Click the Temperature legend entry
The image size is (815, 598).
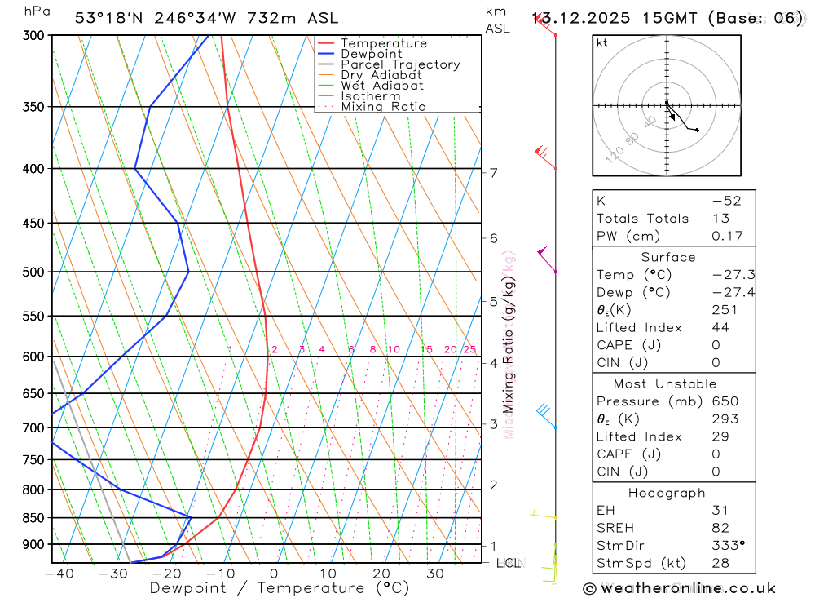[x=383, y=43]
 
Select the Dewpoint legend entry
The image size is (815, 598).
[x=372, y=54]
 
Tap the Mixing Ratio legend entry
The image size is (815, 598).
[x=383, y=107]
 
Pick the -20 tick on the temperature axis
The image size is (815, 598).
[x=165, y=574]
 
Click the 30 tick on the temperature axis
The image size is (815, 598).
[x=434, y=574]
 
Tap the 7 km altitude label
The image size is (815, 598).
[x=493, y=172]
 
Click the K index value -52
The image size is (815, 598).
[x=727, y=201]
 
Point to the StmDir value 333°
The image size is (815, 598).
[x=727, y=545]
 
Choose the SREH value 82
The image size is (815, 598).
[x=720, y=528]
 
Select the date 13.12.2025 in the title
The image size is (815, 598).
[x=575, y=18]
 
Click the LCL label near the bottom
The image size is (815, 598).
[x=508, y=563]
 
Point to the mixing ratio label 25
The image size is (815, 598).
[x=469, y=350]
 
